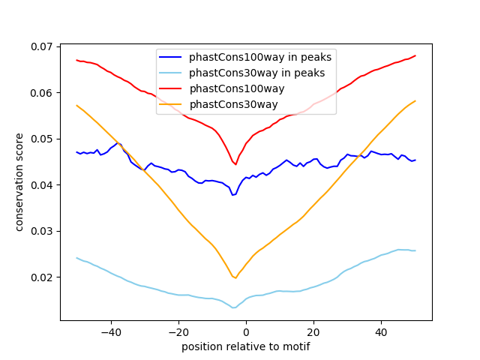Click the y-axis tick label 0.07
tap(41, 46)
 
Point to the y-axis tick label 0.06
tap(41, 93)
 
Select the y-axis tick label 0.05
tap(41, 139)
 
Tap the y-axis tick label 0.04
tap(41, 185)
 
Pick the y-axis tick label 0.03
tap(41, 231)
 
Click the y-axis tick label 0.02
tap(41, 277)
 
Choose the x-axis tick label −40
tap(111, 332)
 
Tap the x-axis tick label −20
tap(178, 332)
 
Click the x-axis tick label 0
tap(246, 332)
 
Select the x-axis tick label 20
tap(313, 332)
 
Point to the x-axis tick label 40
tap(381, 332)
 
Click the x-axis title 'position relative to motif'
tap(246, 346)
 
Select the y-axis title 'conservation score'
tap(19, 182)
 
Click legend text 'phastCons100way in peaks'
tap(260, 57)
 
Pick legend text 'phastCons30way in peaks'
tap(256, 73)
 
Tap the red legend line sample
tap(170, 88)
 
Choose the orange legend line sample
tap(170, 104)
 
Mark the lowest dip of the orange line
tap(235, 278)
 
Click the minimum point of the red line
tap(235, 164)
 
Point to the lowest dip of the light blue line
tap(234, 307)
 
